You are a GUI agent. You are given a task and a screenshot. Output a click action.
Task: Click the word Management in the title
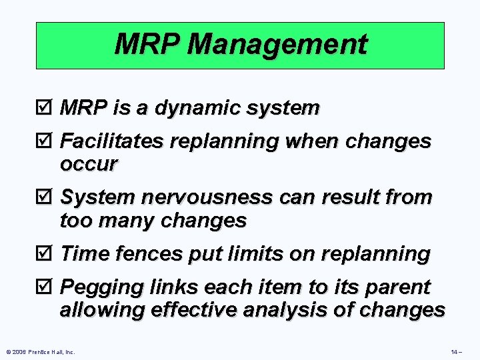(277, 45)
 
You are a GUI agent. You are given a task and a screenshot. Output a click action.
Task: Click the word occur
(88, 163)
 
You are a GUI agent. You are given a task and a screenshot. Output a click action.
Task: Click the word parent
(399, 288)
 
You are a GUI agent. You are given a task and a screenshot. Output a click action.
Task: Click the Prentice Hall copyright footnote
(41, 351)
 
